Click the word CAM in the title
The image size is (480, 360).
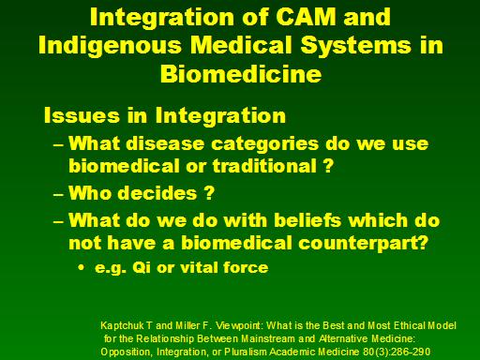(306, 16)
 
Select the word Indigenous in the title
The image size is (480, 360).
(111, 46)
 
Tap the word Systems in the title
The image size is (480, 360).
(355, 46)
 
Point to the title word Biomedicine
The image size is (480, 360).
(241, 74)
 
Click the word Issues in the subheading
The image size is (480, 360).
(82, 115)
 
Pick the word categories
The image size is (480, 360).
(265, 144)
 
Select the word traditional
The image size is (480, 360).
(264, 165)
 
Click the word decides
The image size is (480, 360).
(157, 193)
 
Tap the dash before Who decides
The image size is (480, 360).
(58, 195)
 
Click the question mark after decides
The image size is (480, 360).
(209, 193)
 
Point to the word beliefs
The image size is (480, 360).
(307, 220)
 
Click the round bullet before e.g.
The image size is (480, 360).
(82, 268)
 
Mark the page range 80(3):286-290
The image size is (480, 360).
(397, 352)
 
